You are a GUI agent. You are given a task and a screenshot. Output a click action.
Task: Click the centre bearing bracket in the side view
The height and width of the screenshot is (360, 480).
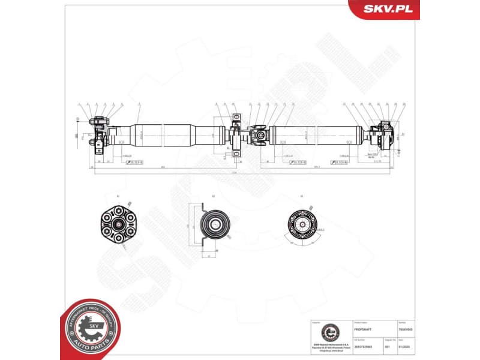pos(236,137)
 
